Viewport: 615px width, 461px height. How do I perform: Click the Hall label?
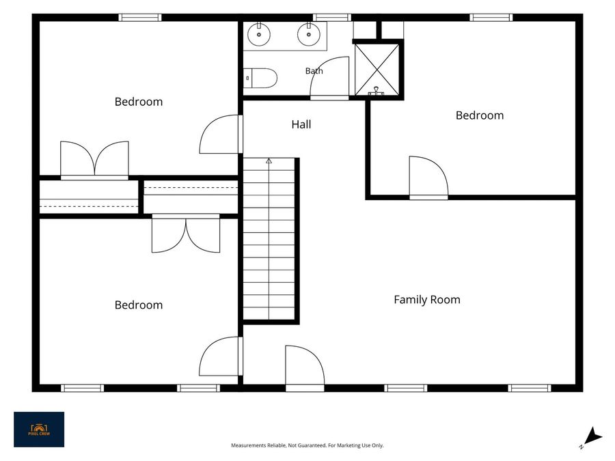click(x=301, y=125)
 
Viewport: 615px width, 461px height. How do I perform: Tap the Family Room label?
click(x=426, y=300)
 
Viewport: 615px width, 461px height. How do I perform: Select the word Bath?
click(x=314, y=71)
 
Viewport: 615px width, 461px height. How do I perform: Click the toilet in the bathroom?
click(x=260, y=78)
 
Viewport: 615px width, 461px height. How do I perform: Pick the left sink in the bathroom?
click(x=259, y=34)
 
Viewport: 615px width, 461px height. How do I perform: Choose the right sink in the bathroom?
click(x=309, y=34)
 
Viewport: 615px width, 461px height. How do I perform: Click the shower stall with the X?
click(x=377, y=70)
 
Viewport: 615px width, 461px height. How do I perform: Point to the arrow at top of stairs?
click(x=269, y=160)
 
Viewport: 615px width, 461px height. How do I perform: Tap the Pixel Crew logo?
click(x=39, y=430)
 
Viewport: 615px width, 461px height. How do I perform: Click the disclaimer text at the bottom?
click(x=307, y=445)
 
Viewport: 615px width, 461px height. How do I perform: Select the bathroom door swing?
click(x=329, y=78)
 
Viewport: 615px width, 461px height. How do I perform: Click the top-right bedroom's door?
click(x=428, y=177)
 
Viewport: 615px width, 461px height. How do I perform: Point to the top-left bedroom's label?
click(x=139, y=102)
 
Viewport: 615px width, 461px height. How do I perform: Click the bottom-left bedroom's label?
click(x=139, y=305)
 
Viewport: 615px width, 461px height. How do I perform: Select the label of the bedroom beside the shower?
click(x=480, y=115)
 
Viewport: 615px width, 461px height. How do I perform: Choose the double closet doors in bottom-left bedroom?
click(x=186, y=234)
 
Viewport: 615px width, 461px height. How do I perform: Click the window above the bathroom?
click(x=332, y=17)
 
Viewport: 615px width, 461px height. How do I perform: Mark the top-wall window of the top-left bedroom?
click(x=140, y=17)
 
